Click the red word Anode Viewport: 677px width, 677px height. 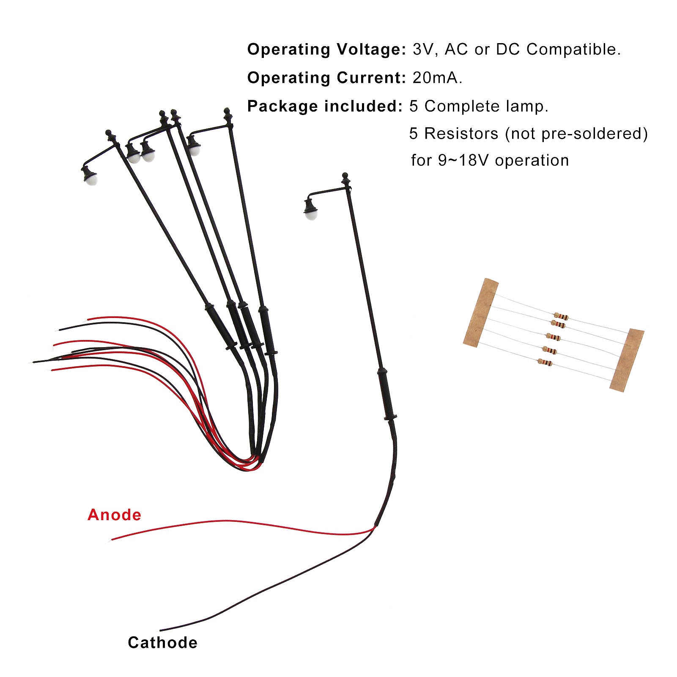114,515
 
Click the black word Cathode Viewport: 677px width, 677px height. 162,643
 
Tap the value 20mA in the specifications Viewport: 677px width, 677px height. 437,78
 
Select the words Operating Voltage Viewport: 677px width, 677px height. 326,49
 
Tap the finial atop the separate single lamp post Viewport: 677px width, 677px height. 345,176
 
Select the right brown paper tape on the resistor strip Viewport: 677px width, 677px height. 627,359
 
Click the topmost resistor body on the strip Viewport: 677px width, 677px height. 561,316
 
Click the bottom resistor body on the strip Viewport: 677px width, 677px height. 545,362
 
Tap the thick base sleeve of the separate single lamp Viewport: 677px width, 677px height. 386,394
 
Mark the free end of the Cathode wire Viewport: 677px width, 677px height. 161,630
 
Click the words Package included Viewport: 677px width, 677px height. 324,106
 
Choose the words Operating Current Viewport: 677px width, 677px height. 326,78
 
